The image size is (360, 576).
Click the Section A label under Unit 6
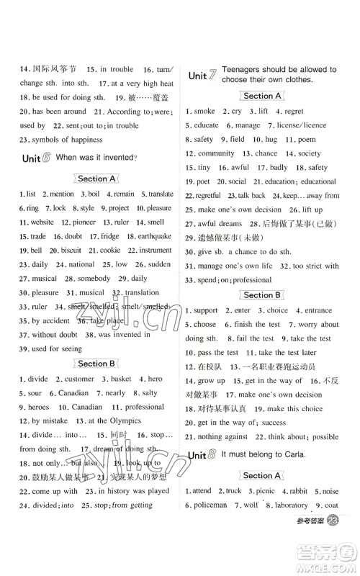pyautogui.click(x=96, y=179)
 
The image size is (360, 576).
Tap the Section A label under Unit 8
pyautogui.click(x=261, y=476)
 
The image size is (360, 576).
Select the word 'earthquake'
pyautogui.click(x=155, y=236)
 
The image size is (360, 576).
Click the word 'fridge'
pyautogui.click(x=110, y=236)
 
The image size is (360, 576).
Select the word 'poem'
pyautogui.click(x=307, y=139)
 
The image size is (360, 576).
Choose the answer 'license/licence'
pyautogui.click(x=302, y=125)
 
